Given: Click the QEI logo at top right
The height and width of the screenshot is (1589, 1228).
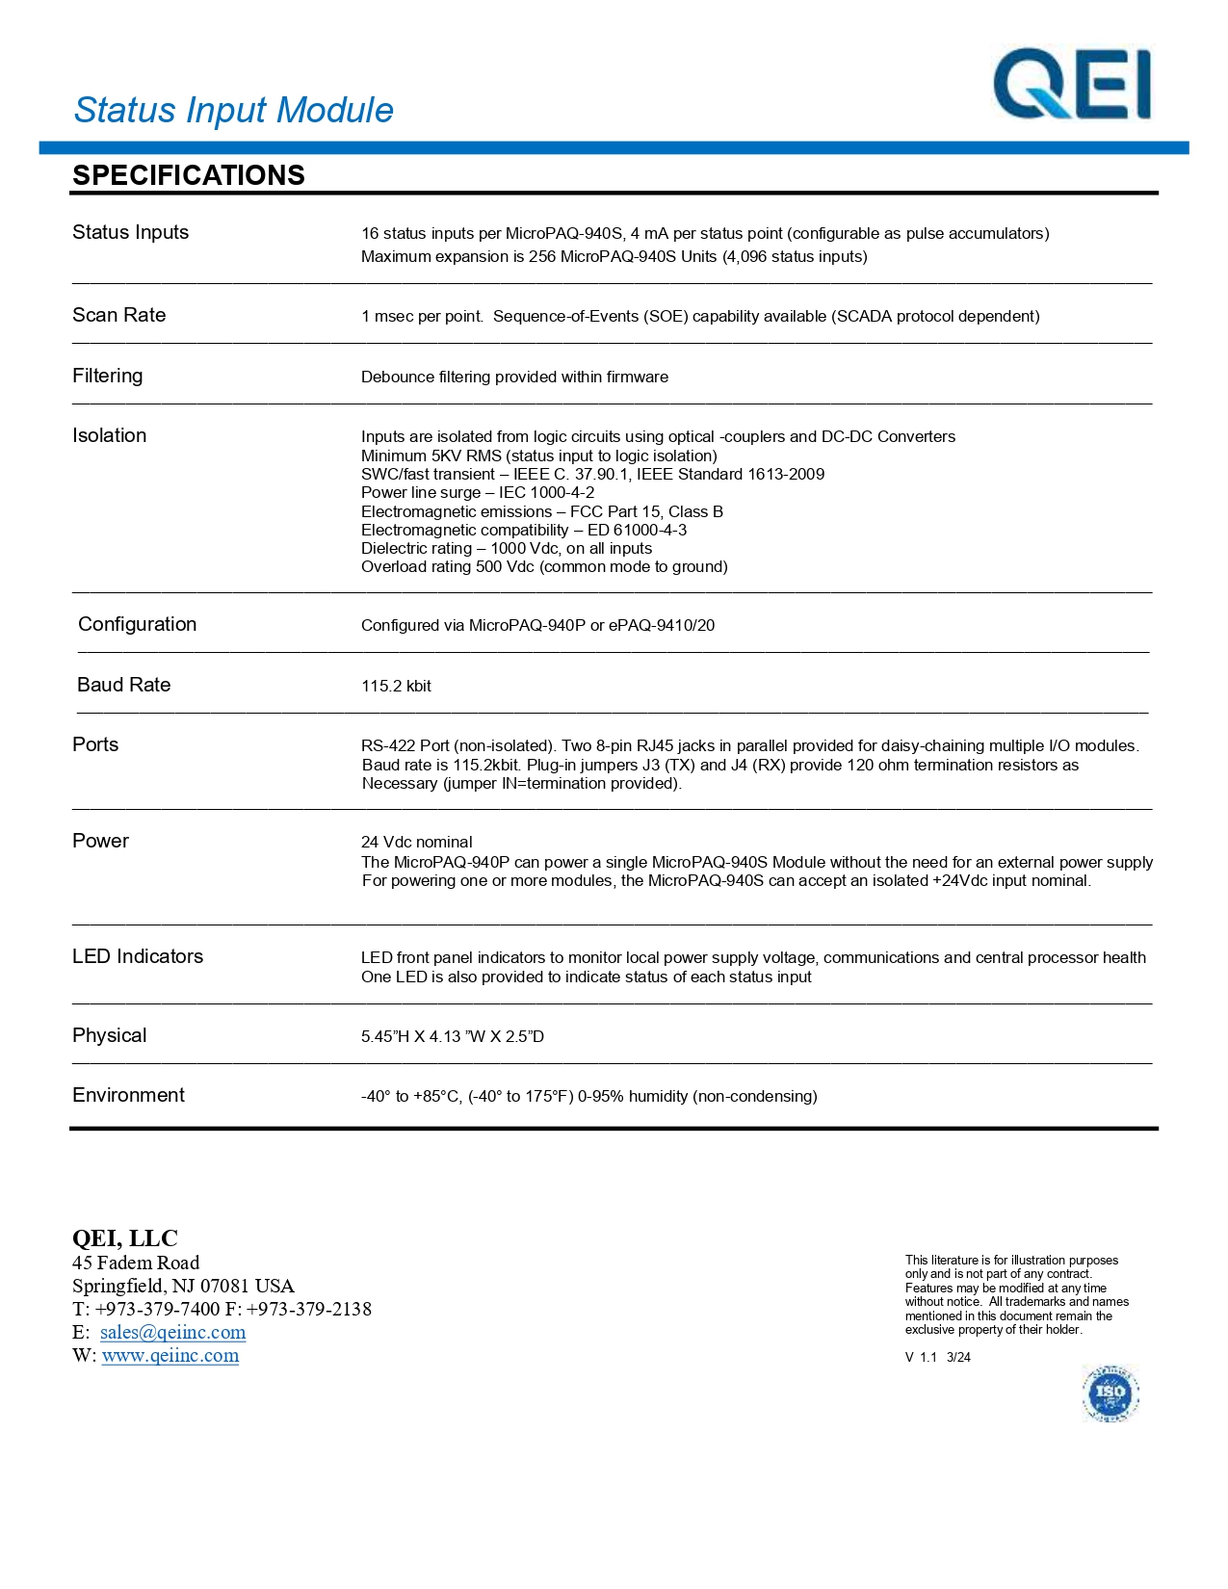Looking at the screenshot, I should (1072, 85).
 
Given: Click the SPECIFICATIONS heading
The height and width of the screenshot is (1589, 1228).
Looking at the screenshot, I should (189, 175).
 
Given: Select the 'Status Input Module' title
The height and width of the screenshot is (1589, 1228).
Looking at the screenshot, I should (234, 111).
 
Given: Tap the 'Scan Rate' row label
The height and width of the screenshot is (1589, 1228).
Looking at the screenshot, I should (119, 315).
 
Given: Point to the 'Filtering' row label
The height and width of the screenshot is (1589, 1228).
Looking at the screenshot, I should (108, 376).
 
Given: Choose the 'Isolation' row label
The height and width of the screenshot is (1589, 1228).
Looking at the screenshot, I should (110, 435).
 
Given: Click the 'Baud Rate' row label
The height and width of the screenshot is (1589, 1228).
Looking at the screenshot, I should (124, 685).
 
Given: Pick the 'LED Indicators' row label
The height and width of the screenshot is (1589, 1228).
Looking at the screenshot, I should (138, 956).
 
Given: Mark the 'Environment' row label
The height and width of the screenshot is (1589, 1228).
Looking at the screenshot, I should (129, 1095).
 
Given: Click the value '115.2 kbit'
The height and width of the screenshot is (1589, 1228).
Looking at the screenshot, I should (396, 686).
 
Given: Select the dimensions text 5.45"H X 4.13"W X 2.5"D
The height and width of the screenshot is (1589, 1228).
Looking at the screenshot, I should (453, 1036).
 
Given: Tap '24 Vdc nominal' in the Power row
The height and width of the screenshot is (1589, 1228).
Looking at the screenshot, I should (417, 842).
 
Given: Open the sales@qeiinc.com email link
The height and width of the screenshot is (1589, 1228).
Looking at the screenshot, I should (173, 1332).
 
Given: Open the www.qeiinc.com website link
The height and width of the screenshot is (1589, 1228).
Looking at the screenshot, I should (170, 1355).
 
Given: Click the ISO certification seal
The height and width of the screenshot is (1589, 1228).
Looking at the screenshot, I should (1110, 1393).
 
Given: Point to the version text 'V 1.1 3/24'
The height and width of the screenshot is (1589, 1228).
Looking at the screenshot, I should (938, 1357).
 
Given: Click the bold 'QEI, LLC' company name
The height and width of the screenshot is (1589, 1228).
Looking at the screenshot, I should (125, 1238).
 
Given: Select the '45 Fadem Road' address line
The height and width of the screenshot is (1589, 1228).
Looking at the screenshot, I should (136, 1263).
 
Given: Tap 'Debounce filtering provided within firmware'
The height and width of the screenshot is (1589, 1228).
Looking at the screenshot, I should (514, 377).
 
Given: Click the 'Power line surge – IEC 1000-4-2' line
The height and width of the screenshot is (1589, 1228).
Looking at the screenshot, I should (478, 492).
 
